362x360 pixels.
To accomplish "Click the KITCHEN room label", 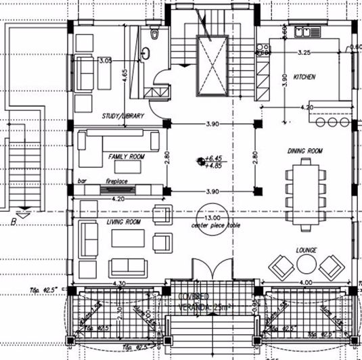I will pos(304,78).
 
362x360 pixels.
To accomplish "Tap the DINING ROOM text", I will pos(305,150).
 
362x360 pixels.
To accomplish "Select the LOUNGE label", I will pos(307,250).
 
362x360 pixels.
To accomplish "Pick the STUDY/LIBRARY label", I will pos(122,116).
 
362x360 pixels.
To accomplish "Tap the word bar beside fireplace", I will pos(83,181).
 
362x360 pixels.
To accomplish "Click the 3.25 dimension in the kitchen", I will pos(304,51).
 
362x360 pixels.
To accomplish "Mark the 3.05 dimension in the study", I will pos(105,60).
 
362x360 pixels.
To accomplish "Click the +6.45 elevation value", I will pos(217,157).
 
